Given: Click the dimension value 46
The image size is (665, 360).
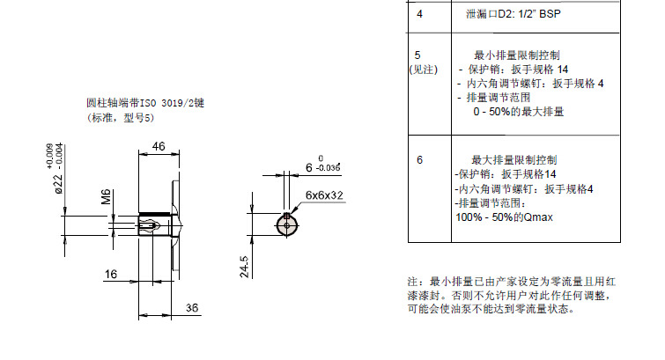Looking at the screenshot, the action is pos(159,146).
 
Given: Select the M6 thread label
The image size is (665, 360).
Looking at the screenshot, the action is pos(105,196).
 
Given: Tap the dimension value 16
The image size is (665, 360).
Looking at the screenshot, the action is pos(111,275).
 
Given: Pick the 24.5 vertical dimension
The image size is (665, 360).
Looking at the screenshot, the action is pos(246,267).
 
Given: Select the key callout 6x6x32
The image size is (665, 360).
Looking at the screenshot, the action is pos(324,195).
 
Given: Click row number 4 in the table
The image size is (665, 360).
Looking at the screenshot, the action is pos(419,15).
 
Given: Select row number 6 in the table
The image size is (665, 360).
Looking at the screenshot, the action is pos(419,160).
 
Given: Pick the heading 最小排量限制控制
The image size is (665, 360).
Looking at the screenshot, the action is pos(515,55).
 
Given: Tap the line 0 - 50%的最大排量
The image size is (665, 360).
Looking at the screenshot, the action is pos(518,112).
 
